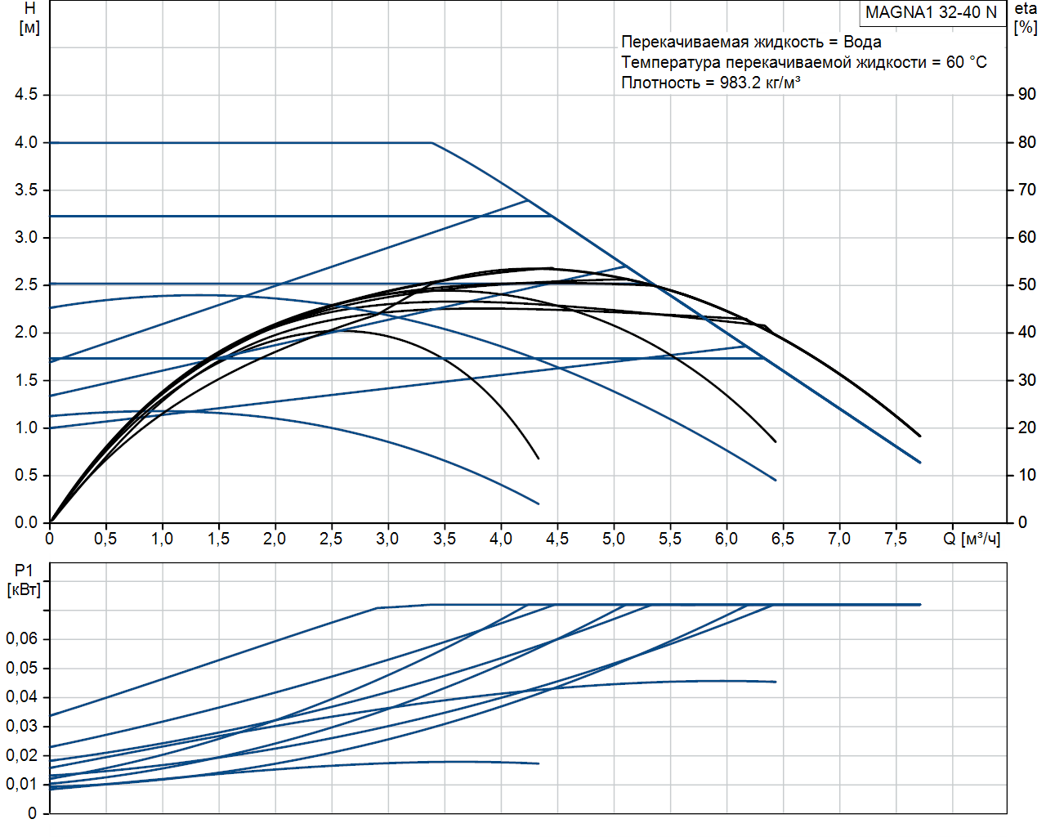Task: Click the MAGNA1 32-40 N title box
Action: [931, 12]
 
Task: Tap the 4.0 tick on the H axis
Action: [26, 142]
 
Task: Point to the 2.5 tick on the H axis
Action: [26, 285]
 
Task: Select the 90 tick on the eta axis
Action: [1026, 95]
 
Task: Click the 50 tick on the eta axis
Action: [1026, 285]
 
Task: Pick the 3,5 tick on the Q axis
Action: [444, 539]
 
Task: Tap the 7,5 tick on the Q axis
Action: [895, 539]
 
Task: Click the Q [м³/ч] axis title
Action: [971, 539]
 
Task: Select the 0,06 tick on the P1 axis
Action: [22, 639]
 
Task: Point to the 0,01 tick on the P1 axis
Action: [22, 785]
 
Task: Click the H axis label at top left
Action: [29, 17]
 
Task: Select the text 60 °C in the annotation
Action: [967, 62]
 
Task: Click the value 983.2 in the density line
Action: [740, 83]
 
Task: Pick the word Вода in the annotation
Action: [862, 42]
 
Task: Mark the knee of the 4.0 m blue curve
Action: [431, 143]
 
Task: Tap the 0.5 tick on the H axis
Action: [26, 476]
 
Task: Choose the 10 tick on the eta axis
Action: [1026, 476]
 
